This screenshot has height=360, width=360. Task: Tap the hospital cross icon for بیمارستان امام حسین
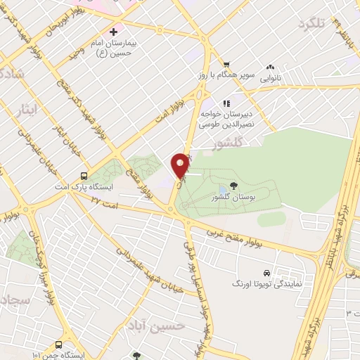[114, 32]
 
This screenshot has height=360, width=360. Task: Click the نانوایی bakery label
[271, 79]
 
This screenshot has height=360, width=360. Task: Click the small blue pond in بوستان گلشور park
[222, 188]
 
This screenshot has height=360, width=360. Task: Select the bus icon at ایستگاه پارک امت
[84, 177]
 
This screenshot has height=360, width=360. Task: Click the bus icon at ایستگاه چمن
[58, 345]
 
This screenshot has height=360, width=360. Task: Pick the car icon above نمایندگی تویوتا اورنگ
[266, 271]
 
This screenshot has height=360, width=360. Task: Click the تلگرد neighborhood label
[311, 24]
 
